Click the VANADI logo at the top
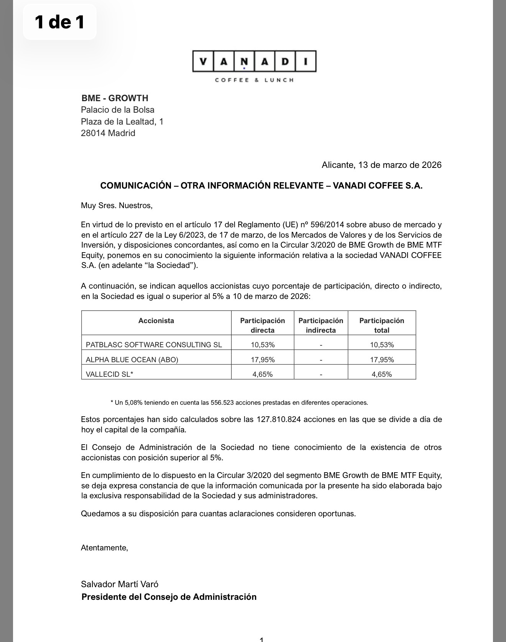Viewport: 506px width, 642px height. click(254, 62)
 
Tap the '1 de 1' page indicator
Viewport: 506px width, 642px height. click(59, 22)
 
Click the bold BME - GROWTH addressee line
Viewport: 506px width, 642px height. click(115, 98)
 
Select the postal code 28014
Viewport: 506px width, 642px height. click(93, 133)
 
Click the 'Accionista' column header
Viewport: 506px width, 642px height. click(156, 321)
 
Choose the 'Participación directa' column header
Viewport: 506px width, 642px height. click(263, 325)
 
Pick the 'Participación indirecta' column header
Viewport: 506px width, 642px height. click(321, 325)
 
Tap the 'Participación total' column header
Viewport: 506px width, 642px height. click(381, 325)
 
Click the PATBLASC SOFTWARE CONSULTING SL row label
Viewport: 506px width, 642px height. click(154, 345)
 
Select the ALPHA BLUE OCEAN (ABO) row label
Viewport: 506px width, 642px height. click(132, 360)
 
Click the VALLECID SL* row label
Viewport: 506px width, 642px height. click(109, 374)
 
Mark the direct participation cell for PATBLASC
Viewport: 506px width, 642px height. click(263, 345)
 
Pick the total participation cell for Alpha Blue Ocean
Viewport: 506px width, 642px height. click(381, 360)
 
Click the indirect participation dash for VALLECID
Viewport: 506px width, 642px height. click(321, 374)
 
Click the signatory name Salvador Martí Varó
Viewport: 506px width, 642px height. click(120, 584)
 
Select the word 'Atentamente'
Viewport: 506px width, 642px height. click(104, 548)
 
